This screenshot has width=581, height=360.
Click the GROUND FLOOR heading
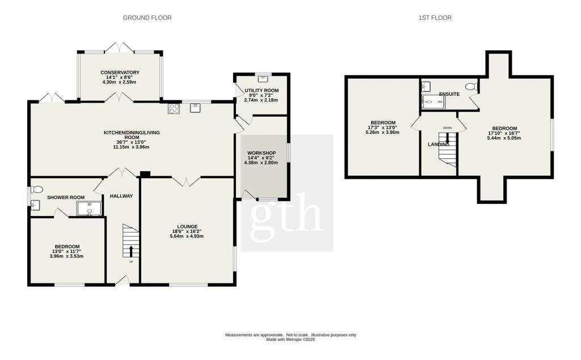(x=147, y=18)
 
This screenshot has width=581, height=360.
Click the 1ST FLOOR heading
(x=435, y=18)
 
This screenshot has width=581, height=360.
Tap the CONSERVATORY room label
(x=120, y=73)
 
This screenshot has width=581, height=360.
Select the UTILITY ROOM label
(x=261, y=91)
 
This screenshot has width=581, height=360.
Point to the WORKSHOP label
(x=261, y=153)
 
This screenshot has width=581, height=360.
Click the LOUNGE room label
(x=187, y=226)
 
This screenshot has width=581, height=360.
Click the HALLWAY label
(x=121, y=196)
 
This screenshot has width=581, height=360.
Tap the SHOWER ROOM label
(x=66, y=197)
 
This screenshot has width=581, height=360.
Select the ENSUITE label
(x=448, y=94)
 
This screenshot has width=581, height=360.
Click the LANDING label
(x=438, y=145)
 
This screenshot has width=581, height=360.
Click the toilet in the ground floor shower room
(x=37, y=189)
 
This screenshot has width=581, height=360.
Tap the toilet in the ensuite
(x=470, y=87)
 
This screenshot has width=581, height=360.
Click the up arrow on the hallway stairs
(x=131, y=251)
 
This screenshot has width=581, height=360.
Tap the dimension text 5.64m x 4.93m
(x=187, y=236)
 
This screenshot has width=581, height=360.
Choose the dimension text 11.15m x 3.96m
(x=131, y=147)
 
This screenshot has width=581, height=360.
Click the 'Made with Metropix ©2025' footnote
(x=290, y=340)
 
